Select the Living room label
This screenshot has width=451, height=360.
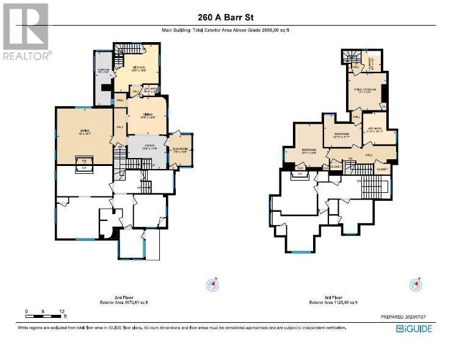coord(84,130)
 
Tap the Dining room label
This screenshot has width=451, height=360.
coord(147,115)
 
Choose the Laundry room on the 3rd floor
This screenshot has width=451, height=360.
coord(370,62)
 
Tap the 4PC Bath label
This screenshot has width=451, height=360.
coord(373,129)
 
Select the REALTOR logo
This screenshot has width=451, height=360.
coord(26,31)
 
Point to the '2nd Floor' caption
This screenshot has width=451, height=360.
coord(124,297)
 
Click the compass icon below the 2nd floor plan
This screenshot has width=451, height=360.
coord(212,284)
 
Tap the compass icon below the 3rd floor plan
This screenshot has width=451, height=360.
coord(417,284)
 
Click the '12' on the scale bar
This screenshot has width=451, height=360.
coord(62,312)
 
